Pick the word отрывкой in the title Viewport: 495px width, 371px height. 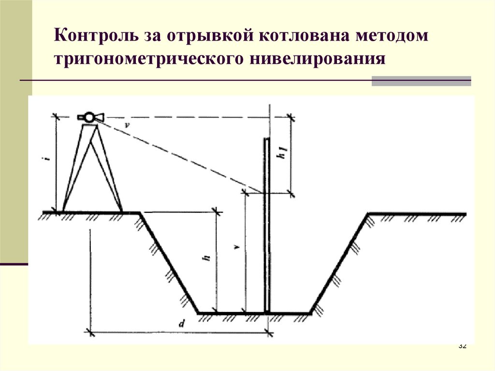click(212, 37)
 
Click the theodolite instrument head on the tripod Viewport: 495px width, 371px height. click(89, 117)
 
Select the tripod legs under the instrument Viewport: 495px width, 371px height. click(92, 169)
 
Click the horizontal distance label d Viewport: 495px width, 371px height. click(180, 325)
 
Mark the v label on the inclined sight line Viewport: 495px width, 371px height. click(127, 125)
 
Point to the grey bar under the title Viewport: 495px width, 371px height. click(421, 81)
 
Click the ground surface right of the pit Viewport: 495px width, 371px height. click(416, 213)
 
